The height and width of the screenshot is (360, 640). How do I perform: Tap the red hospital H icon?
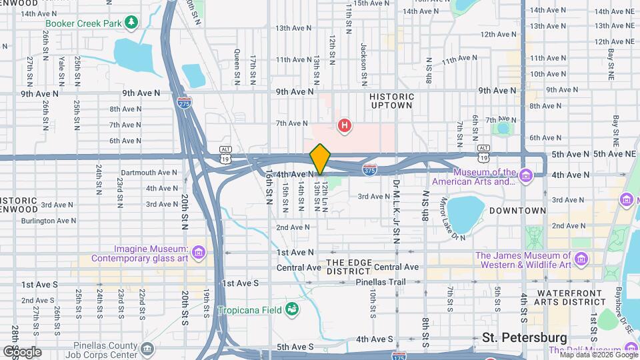pyautogui.click(x=345, y=125)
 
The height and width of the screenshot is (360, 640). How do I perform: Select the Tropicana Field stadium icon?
pyautogui.click(x=291, y=309)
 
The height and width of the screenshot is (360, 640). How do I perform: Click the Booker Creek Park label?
pyautogui.click(x=83, y=23)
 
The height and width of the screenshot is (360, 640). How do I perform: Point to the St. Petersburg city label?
pyautogui.click(x=525, y=337)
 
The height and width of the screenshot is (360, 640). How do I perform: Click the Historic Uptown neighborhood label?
pyautogui.click(x=391, y=102)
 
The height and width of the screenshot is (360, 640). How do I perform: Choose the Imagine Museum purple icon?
pyautogui.click(x=198, y=253)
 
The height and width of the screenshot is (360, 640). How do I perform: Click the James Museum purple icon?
pyautogui.click(x=581, y=258)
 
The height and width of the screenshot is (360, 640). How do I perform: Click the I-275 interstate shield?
pyautogui.click(x=184, y=103)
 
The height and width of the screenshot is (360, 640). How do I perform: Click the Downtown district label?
pyautogui.click(x=517, y=211)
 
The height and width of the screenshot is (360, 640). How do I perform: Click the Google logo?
pyautogui.click(x=22, y=351)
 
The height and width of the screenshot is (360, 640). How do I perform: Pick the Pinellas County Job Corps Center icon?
pyautogui.click(x=147, y=348)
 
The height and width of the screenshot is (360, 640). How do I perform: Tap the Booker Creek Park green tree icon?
pyautogui.click(x=132, y=22)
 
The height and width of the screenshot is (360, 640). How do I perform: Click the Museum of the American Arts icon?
pyautogui.click(x=526, y=176)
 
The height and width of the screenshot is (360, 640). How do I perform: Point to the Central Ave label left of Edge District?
pyautogui.click(x=299, y=267)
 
